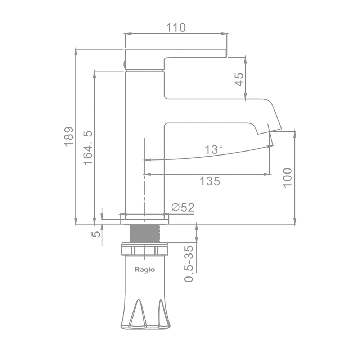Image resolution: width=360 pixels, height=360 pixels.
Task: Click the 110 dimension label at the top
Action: [176, 28]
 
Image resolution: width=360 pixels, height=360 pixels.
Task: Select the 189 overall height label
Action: [69, 136]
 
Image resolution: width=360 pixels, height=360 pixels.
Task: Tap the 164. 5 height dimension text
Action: [88, 148]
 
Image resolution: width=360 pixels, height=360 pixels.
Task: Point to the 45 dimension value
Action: [239, 80]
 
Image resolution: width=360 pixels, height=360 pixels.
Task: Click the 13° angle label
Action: [213, 149]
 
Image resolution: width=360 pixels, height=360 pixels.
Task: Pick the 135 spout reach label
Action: [210, 181]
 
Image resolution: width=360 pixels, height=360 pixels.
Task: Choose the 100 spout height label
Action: [287, 178]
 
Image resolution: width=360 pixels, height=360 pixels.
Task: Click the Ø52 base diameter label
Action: [183, 207]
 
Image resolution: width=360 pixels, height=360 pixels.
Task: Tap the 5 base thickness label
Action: [96, 234]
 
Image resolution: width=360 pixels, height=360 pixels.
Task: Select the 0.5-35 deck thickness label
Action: [189, 264]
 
